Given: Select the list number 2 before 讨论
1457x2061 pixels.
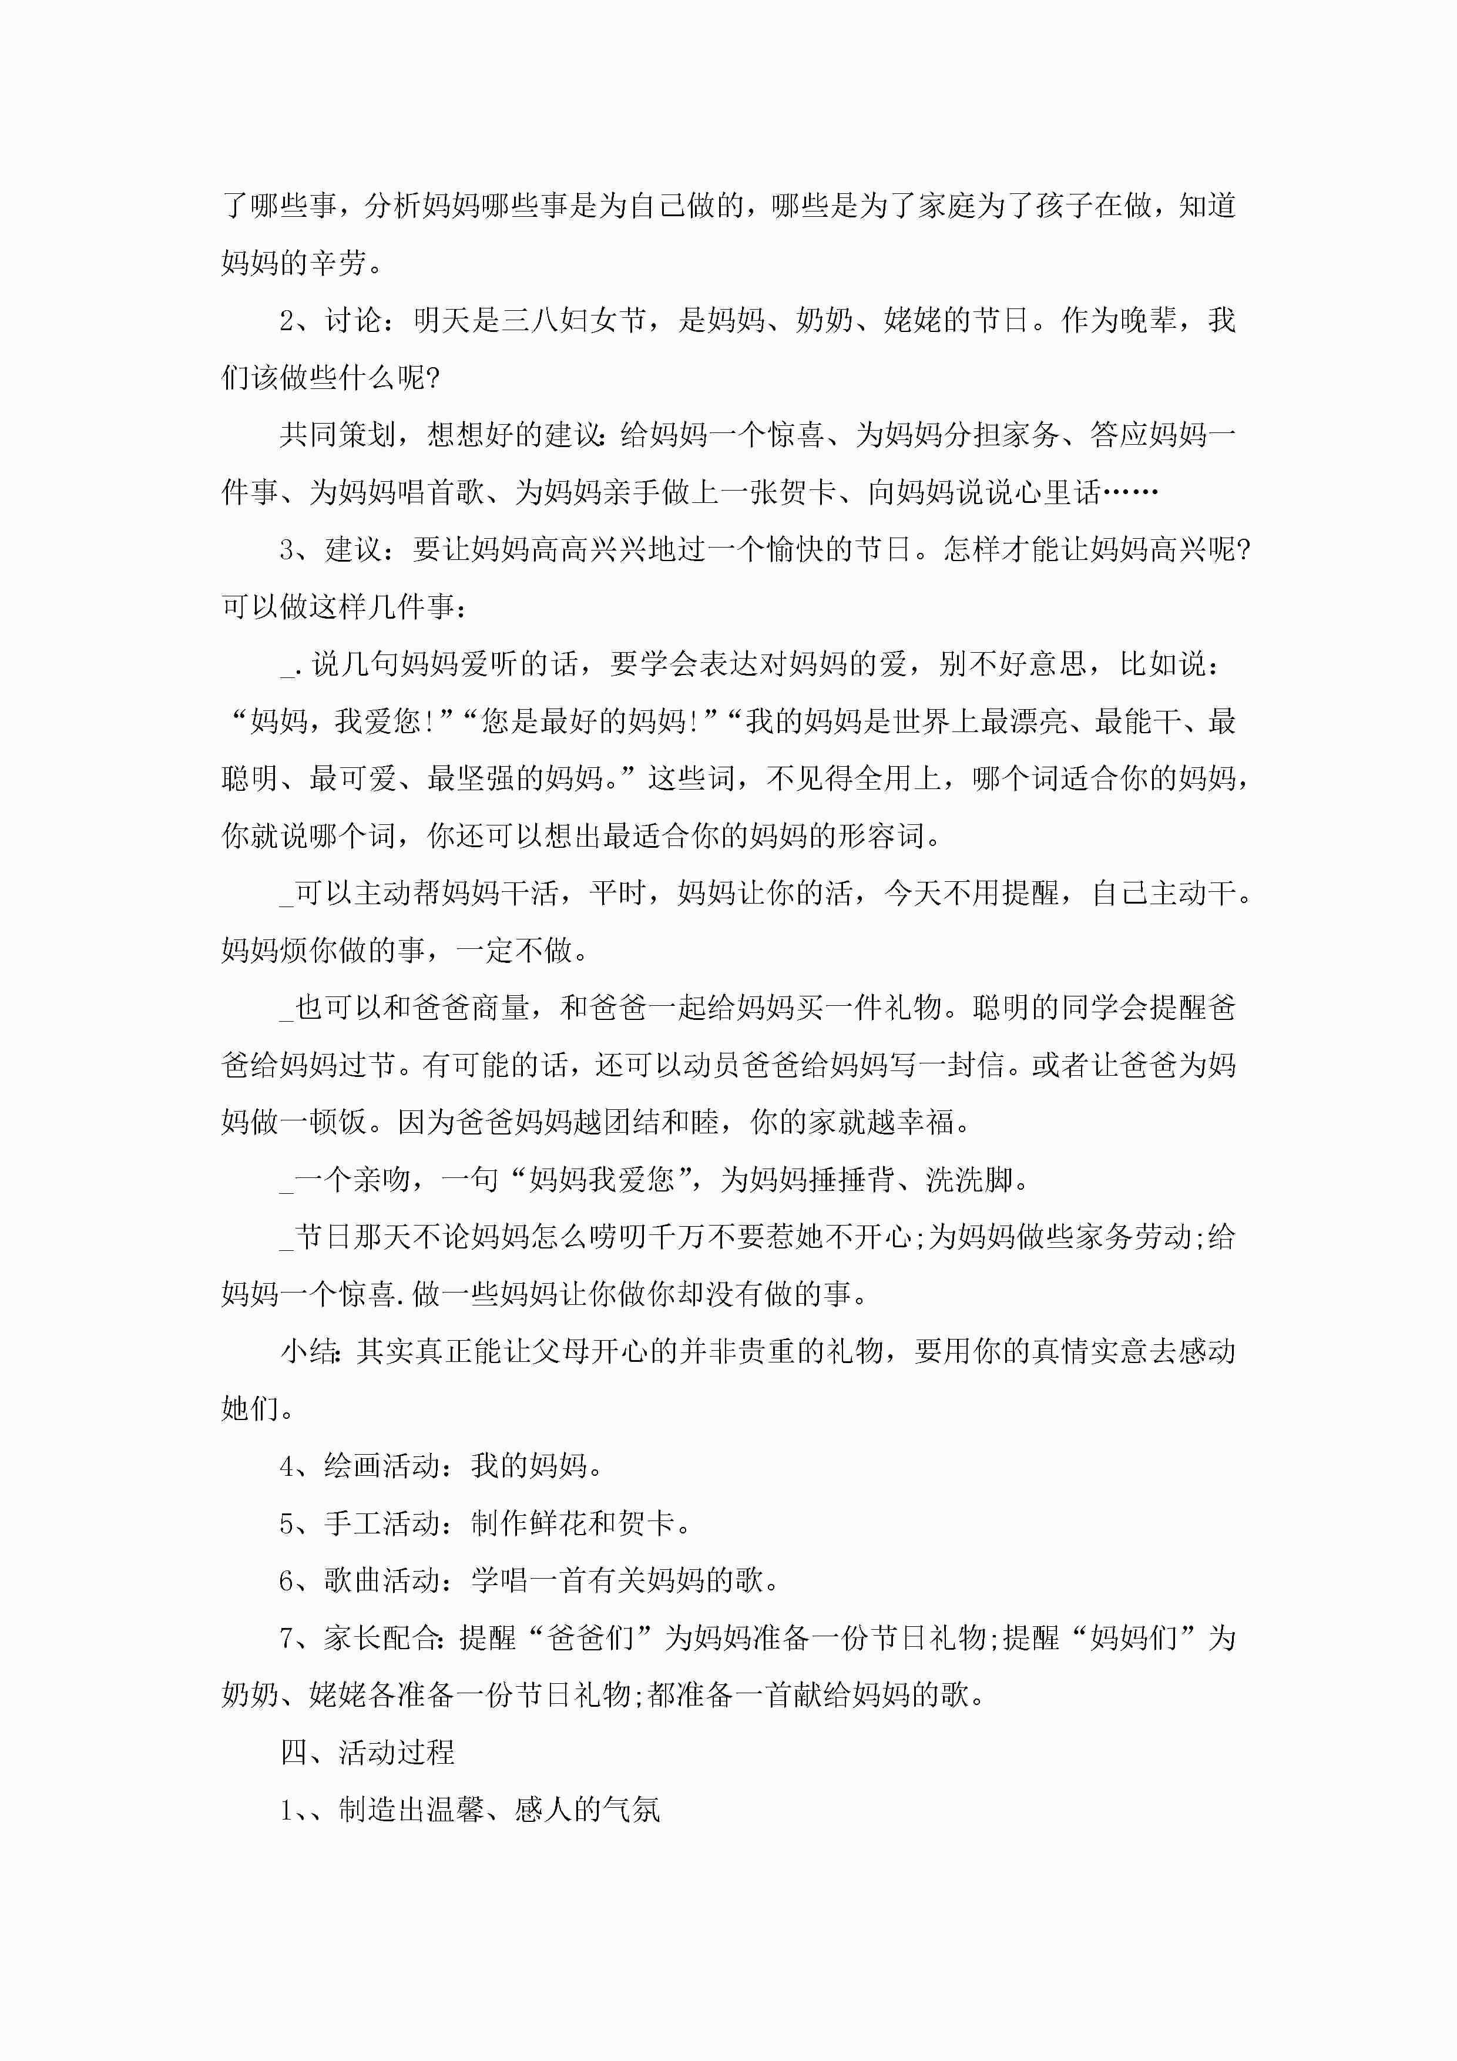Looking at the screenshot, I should coord(287,320).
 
